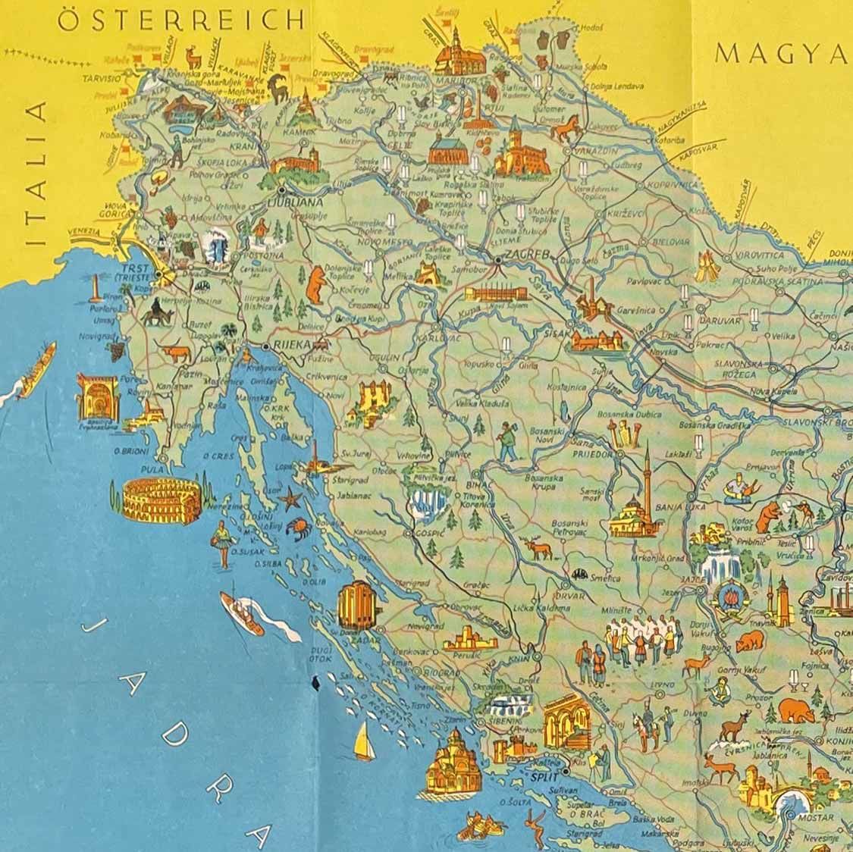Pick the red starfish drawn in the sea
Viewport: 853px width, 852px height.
pyautogui.click(x=290, y=500)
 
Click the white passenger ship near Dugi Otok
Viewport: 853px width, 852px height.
pyautogui.click(x=243, y=612)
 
